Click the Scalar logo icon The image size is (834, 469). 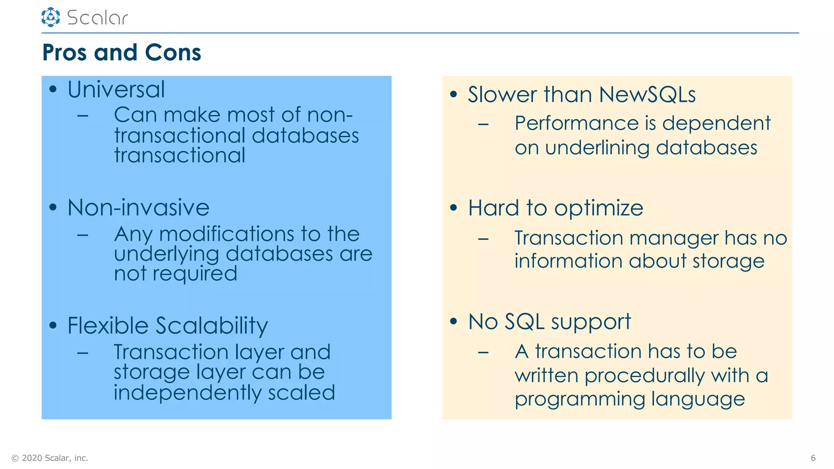(50, 17)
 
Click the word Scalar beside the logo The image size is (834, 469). (97, 18)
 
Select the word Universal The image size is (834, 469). (116, 90)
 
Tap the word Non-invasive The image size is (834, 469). (138, 208)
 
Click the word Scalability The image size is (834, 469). (212, 326)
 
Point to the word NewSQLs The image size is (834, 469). (647, 94)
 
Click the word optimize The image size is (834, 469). (599, 208)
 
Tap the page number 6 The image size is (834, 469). (813, 458)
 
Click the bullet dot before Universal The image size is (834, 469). (53, 90)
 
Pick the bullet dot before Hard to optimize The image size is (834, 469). (453, 208)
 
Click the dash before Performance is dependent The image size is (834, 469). (483, 124)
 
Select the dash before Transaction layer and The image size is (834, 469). (83, 353)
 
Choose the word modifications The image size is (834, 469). (227, 234)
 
